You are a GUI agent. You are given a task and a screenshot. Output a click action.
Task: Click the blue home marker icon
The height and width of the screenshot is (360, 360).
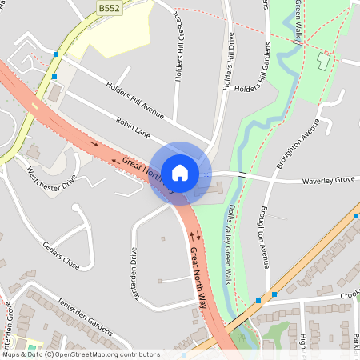pos(180,172)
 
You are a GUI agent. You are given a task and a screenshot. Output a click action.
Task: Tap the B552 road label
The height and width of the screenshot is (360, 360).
pos(109,7)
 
